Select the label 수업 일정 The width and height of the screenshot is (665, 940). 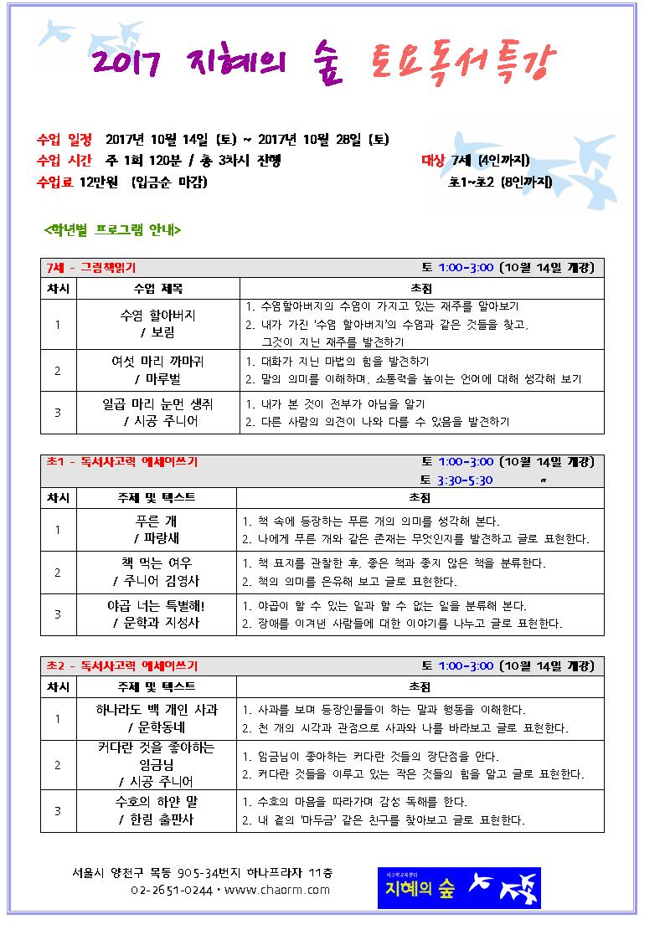pyautogui.click(x=65, y=140)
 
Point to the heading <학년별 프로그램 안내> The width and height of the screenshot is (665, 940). pyautogui.click(x=112, y=229)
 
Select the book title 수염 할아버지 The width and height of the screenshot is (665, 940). pyautogui.click(x=158, y=316)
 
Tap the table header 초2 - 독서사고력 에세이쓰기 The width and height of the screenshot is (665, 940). pyautogui.click(x=122, y=666)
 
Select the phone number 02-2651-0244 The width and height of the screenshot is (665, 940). pyautogui.click(x=171, y=890)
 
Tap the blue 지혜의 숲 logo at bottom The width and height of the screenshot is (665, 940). pyautogui.click(x=458, y=887)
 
